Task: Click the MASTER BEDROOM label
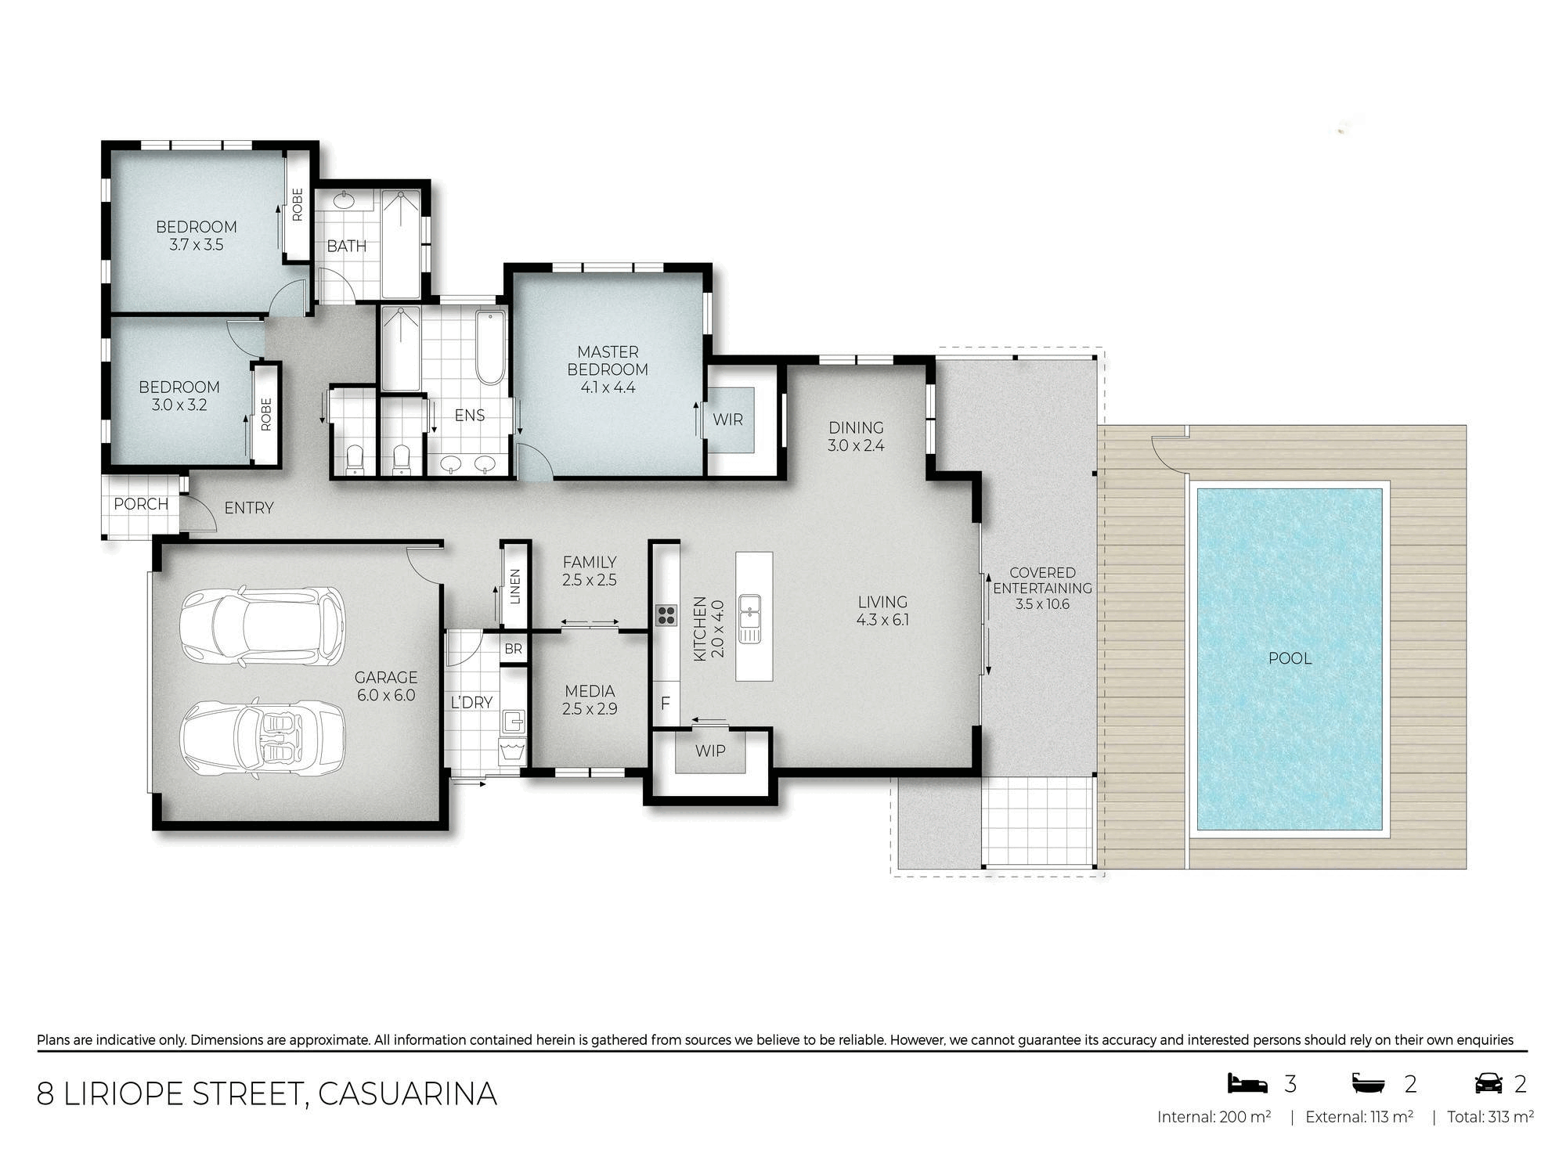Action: click(608, 361)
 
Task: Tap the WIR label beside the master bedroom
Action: click(727, 420)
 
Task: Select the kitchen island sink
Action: click(749, 618)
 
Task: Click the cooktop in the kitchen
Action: click(666, 615)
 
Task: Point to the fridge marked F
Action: click(666, 704)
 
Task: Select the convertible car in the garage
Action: click(262, 737)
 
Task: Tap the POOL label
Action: click(1290, 658)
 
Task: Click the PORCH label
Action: click(141, 504)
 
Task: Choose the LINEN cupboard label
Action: click(514, 585)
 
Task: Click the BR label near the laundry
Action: click(513, 649)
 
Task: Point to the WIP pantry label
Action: click(710, 751)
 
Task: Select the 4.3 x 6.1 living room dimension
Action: click(882, 620)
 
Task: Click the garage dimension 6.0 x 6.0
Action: click(386, 695)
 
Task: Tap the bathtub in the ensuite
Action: click(491, 348)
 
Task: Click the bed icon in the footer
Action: click(1247, 1083)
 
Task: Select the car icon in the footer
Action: click(1489, 1083)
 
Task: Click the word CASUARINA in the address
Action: click(407, 1094)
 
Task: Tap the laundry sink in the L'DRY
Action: click(513, 720)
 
